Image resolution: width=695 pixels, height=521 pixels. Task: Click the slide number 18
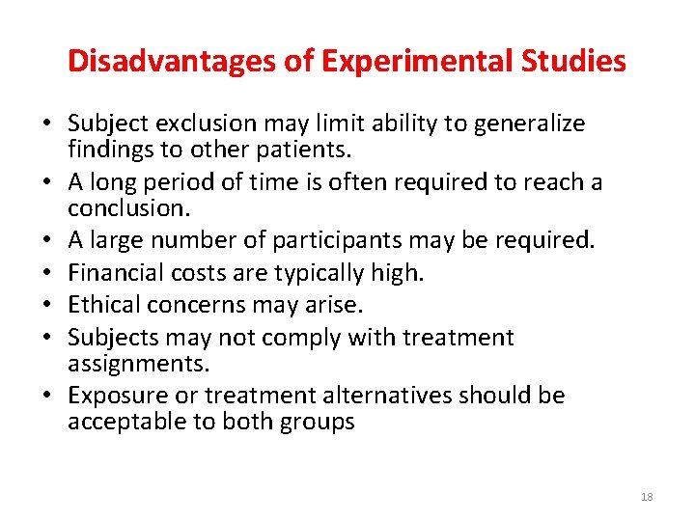coord(647,497)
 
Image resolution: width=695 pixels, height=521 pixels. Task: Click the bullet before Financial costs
coord(47,273)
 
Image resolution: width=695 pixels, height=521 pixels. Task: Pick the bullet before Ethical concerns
coord(47,306)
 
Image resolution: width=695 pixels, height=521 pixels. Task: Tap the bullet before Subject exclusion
coord(47,124)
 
